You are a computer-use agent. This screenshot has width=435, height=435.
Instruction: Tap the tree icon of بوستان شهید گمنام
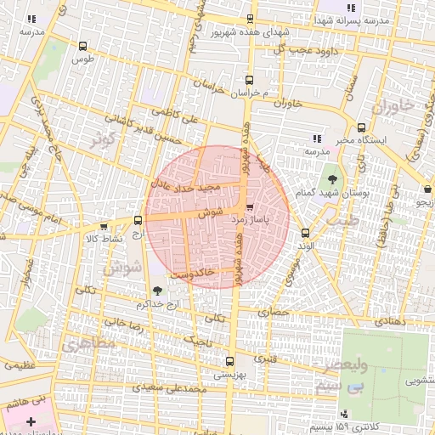pos(332,179)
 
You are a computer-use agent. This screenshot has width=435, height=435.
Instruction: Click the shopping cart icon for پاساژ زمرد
pos(249,207)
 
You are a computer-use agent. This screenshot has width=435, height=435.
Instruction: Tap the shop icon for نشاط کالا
pos(104,227)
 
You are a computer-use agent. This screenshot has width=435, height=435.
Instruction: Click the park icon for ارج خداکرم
pos(155,291)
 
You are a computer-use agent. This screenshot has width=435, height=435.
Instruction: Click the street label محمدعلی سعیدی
pos(176,387)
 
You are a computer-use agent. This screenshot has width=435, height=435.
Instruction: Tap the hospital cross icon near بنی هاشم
pos(32,421)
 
